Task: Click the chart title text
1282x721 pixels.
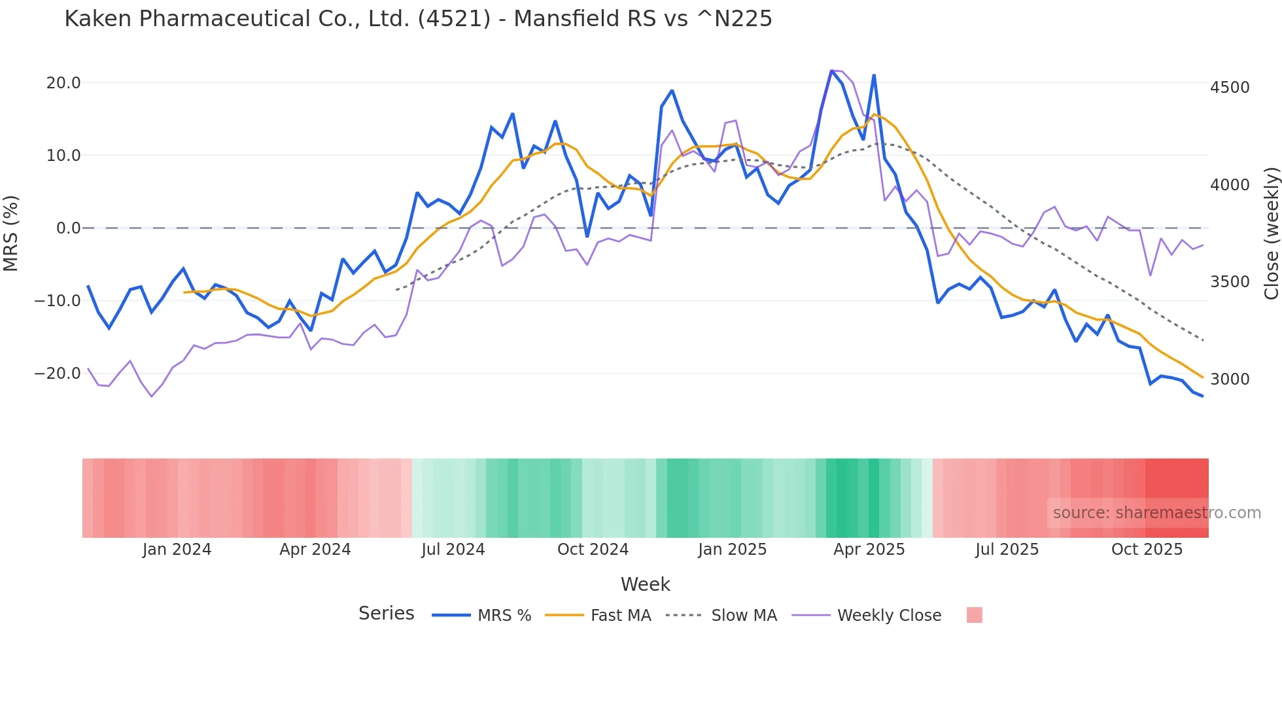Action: (418, 19)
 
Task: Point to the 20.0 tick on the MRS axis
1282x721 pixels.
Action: (63, 83)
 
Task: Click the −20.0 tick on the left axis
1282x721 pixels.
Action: (58, 374)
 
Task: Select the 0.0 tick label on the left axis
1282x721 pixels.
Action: (68, 228)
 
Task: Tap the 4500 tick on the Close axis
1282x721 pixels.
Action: (1230, 88)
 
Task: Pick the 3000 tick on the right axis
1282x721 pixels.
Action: (1230, 379)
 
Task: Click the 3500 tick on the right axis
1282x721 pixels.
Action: (1230, 282)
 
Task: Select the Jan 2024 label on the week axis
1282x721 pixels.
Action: (177, 550)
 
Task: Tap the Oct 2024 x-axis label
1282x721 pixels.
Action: (593, 550)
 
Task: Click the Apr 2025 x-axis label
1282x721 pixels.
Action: (869, 550)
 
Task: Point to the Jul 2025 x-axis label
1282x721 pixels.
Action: (1007, 550)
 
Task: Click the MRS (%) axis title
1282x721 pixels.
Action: (11, 233)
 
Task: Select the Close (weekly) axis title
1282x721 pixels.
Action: (1271, 233)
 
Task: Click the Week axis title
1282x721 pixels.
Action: (645, 584)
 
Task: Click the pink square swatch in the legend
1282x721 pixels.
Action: (974, 615)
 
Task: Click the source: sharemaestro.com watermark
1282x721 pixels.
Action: (1156, 513)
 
